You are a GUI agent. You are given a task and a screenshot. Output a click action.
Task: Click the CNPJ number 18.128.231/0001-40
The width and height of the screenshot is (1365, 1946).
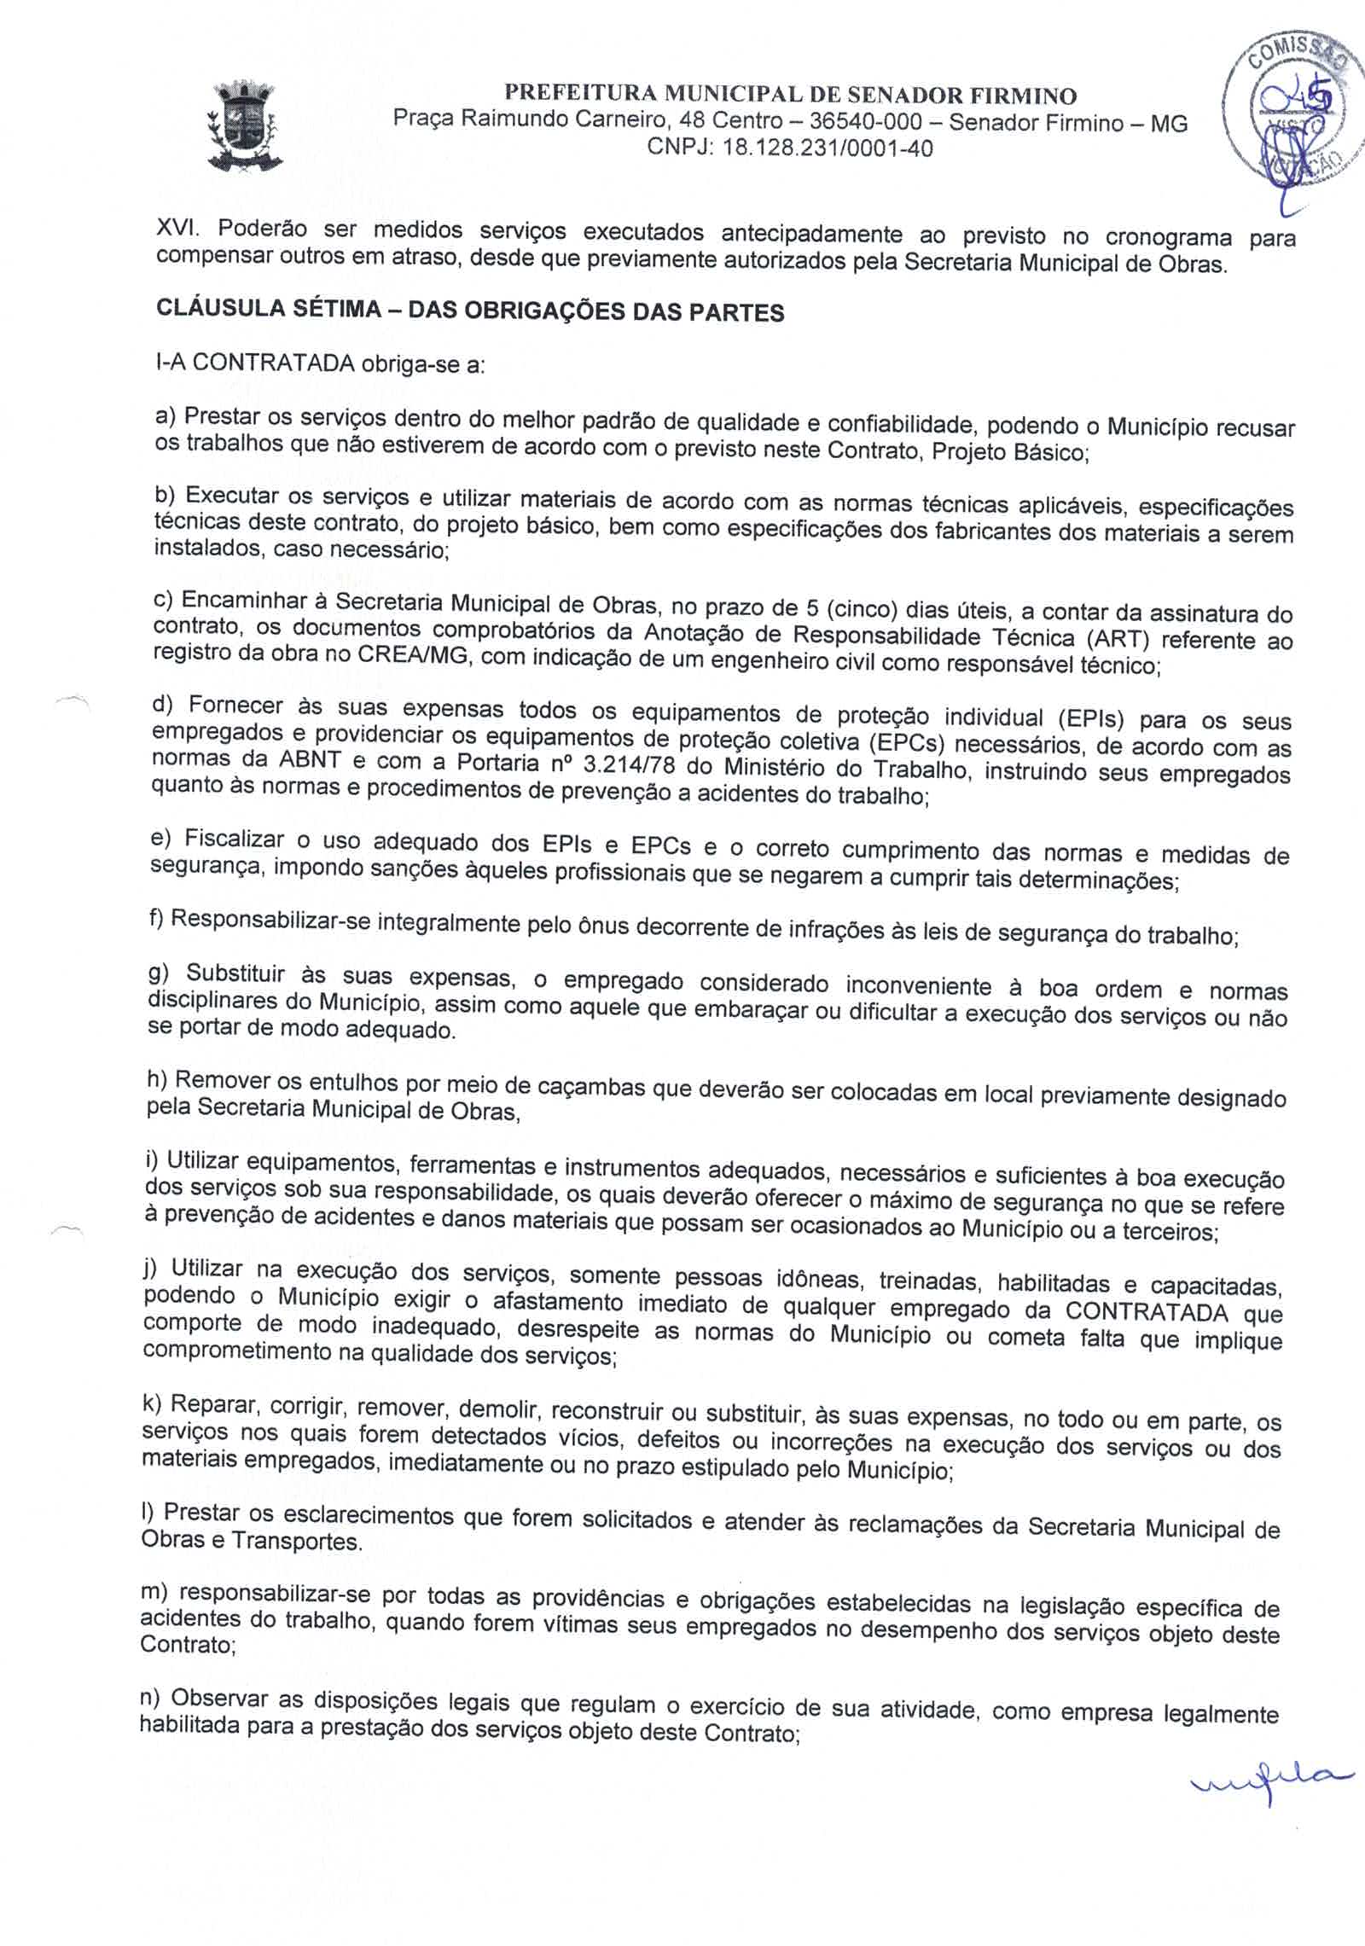click(827, 149)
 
